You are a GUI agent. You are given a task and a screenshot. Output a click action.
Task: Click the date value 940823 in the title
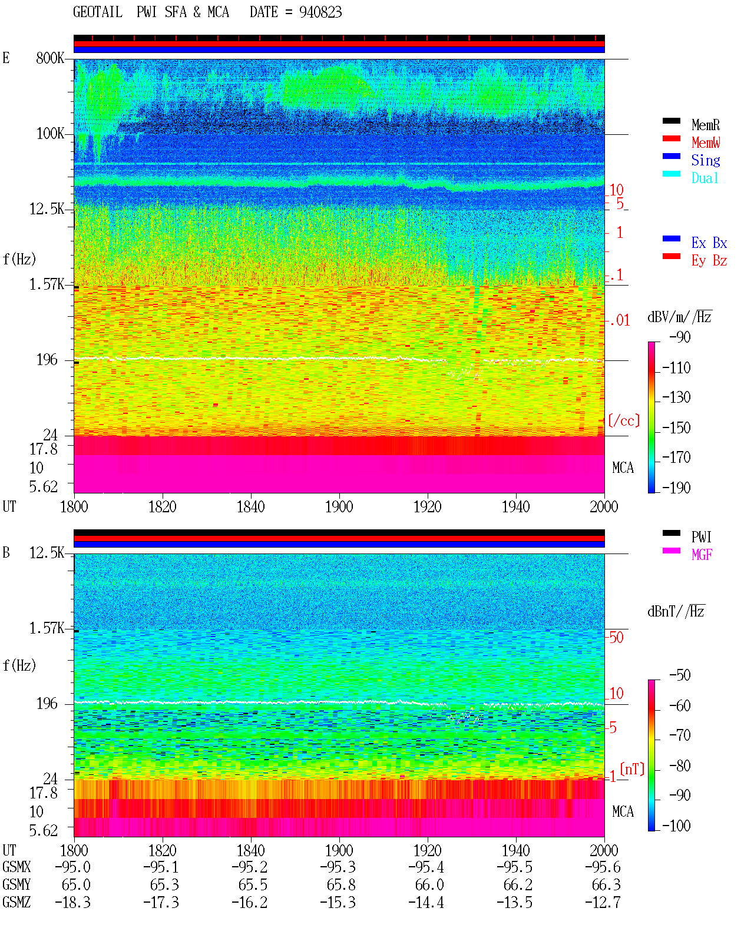click(x=320, y=12)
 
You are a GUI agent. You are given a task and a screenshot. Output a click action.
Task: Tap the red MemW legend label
click(x=706, y=142)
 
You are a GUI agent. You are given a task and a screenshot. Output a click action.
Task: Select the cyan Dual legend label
click(x=705, y=178)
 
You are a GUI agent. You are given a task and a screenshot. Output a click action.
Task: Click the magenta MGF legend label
click(x=702, y=555)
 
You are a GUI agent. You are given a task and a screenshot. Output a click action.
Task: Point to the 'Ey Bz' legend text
click(x=709, y=261)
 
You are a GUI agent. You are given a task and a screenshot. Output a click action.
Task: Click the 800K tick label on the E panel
click(x=50, y=58)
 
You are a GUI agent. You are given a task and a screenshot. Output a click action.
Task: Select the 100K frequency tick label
click(x=50, y=134)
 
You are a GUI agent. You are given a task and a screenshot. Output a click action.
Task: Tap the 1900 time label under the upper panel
click(x=339, y=506)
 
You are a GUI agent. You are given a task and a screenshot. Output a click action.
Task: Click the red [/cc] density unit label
click(x=624, y=420)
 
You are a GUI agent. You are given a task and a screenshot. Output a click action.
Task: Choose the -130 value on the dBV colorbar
click(x=676, y=397)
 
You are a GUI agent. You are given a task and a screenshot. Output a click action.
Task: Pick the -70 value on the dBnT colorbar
click(x=680, y=735)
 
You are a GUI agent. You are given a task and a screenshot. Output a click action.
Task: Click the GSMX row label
click(x=16, y=867)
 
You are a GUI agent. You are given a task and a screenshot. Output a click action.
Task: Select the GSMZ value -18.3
click(x=73, y=902)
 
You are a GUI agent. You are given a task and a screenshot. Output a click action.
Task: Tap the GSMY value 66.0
click(x=429, y=885)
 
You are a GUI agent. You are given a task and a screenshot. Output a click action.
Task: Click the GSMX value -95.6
click(x=603, y=867)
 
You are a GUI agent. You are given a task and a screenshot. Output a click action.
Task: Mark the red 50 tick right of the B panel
click(x=616, y=637)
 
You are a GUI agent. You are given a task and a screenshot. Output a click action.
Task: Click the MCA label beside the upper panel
click(x=623, y=468)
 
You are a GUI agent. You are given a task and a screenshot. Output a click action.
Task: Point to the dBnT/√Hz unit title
click(x=676, y=611)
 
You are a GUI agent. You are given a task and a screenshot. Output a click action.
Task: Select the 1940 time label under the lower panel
click(x=515, y=850)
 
